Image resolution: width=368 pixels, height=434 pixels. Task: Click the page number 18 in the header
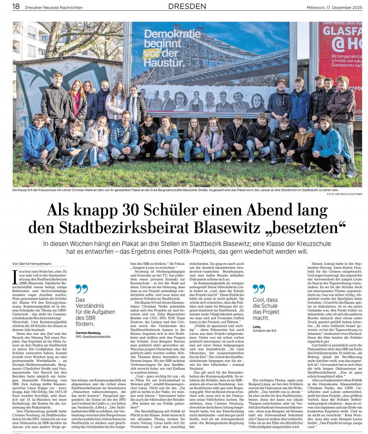[x=16, y=6]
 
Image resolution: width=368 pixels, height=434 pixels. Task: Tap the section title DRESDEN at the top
[x=187, y=6]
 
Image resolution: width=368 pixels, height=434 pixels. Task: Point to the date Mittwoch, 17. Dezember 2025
[x=334, y=7]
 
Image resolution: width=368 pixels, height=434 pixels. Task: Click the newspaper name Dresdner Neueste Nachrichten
[x=54, y=7]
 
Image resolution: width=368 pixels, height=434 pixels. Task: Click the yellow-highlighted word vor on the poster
[x=151, y=53]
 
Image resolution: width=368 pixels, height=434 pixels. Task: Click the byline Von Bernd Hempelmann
[x=32, y=264]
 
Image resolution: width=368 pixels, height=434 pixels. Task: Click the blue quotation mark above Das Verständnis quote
[x=81, y=289]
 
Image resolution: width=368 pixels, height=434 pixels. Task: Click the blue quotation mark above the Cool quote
[x=258, y=289]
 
